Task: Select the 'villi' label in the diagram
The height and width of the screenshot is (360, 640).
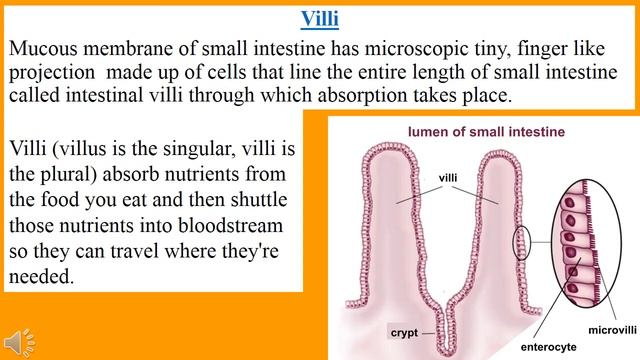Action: pos(449,177)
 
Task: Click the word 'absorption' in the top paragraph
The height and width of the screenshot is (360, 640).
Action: pos(398,96)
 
